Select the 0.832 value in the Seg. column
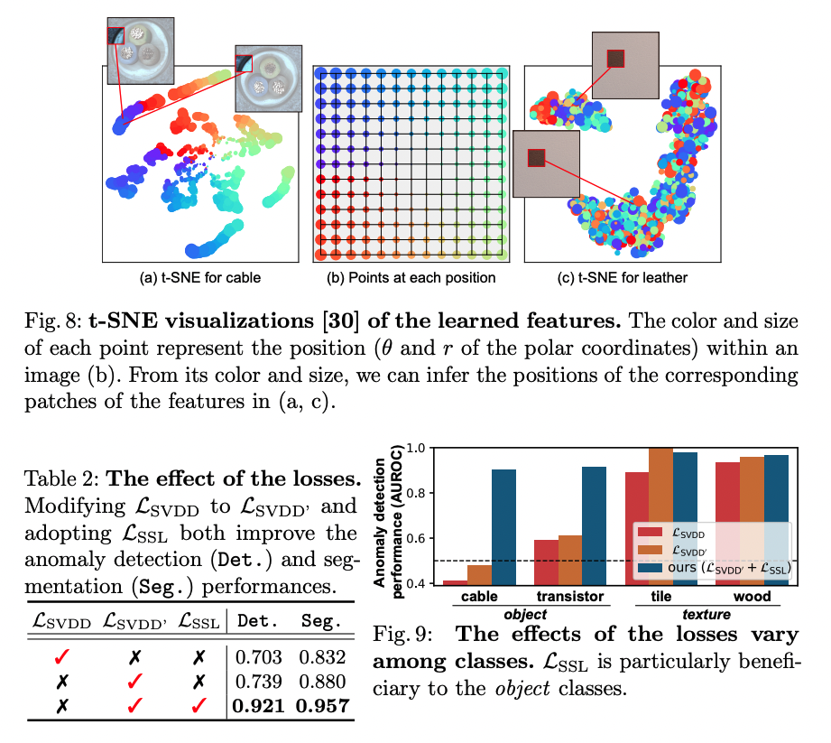(x=320, y=658)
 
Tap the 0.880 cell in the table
(x=320, y=682)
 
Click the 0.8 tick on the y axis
(x=417, y=493)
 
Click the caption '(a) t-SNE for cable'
(x=202, y=277)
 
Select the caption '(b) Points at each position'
(x=411, y=277)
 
